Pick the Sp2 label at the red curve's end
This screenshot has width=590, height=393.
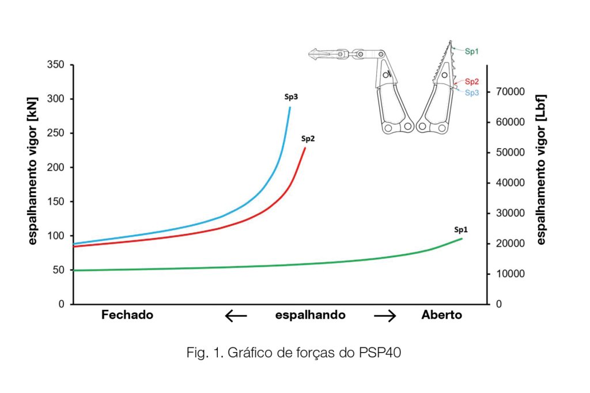[308, 138]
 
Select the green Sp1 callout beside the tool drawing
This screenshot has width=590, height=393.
[472, 51]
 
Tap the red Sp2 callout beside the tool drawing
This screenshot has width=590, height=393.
[472, 82]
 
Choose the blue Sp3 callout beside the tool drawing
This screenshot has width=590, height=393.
[472, 93]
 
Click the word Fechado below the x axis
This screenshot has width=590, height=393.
[127, 315]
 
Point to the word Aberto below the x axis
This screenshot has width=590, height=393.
[442, 315]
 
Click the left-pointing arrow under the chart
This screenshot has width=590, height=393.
[236, 316]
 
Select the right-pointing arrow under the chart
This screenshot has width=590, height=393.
[385, 316]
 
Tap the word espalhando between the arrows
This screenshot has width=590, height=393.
[311, 315]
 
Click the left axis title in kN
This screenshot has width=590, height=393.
[33, 179]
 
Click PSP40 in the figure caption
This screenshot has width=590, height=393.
[380, 353]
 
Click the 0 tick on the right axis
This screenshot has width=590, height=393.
[499, 304]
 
